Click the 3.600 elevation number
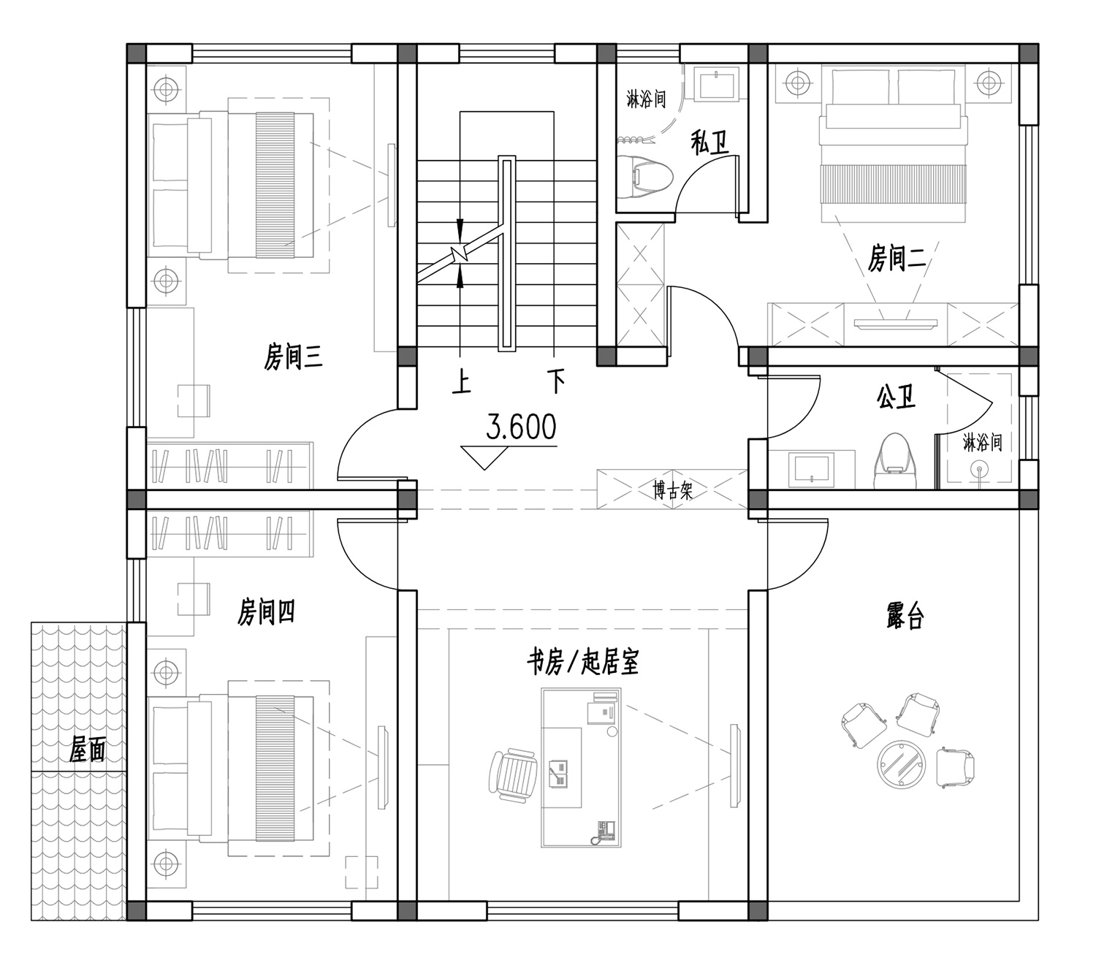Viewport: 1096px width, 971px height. [521, 427]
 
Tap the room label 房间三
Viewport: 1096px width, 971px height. [293, 357]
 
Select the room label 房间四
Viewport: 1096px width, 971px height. [266, 612]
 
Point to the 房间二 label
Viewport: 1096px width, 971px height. [897, 257]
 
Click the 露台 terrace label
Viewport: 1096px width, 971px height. [905, 616]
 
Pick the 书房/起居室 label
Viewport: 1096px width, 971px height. [582, 661]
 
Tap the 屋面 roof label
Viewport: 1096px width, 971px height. [87, 750]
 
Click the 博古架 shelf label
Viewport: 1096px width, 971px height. [672, 490]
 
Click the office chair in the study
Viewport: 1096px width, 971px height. [513, 774]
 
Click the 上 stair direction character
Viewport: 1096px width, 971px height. [462, 383]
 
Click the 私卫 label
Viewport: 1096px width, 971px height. [710, 142]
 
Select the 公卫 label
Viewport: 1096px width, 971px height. [897, 397]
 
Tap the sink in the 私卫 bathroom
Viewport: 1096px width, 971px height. [718, 84]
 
